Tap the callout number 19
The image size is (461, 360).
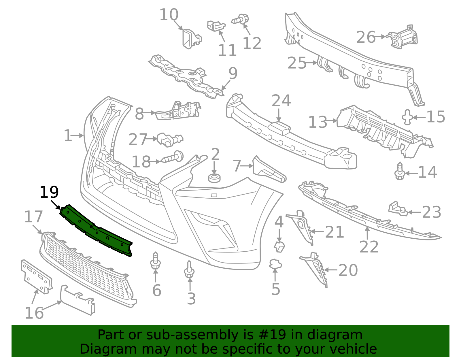pos(49,193)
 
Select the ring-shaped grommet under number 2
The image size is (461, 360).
pos(214,178)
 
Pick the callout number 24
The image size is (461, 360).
pos(281,101)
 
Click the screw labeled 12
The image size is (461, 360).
pos(240,19)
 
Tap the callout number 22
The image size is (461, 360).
pos(369,247)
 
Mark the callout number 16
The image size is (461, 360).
pos(34,313)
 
